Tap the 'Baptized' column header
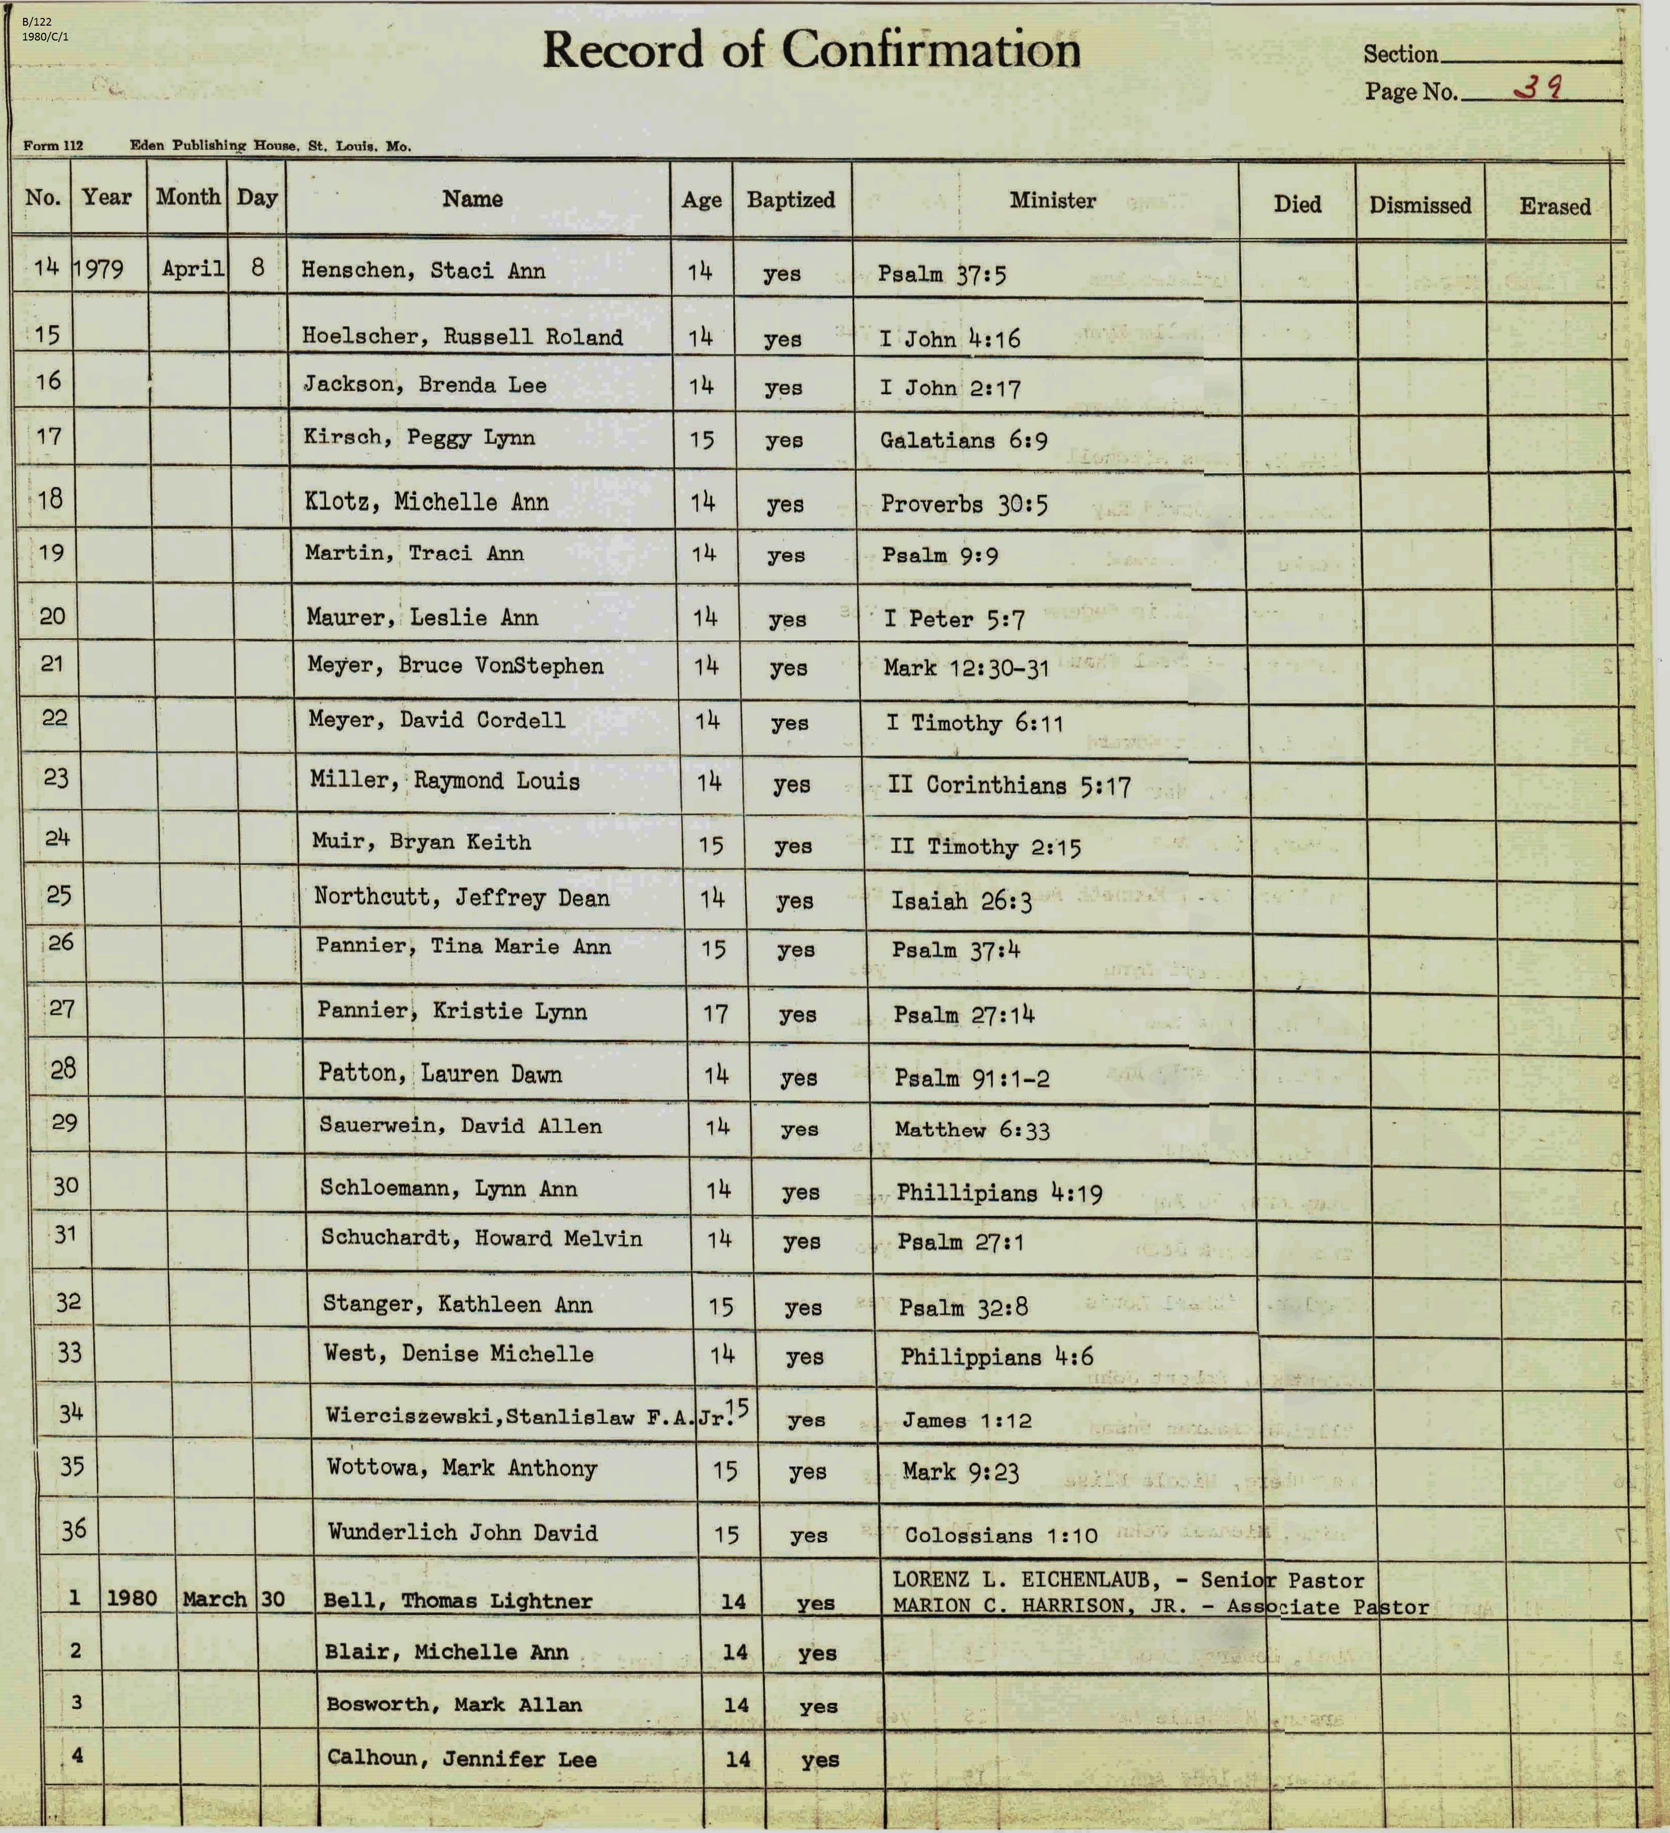(x=791, y=200)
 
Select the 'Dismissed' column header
(x=1419, y=206)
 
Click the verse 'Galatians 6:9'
(x=962, y=441)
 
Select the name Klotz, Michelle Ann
(x=426, y=502)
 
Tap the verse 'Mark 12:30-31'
(x=966, y=668)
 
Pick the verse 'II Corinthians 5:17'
(x=1009, y=785)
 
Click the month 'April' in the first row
(x=193, y=269)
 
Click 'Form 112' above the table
(x=53, y=146)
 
